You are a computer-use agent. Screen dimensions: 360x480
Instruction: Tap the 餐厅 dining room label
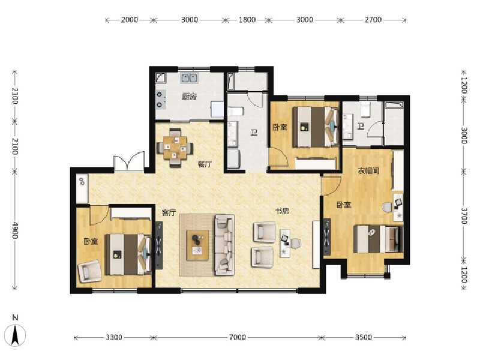[205, 164]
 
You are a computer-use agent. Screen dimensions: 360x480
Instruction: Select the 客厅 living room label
[169, 212]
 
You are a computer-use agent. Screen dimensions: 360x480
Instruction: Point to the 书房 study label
[283, 211]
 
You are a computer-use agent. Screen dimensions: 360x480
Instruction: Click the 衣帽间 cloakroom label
[368, 171]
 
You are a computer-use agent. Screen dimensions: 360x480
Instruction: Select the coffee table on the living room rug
[198, 244]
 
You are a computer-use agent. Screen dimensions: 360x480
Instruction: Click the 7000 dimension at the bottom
[238, 338]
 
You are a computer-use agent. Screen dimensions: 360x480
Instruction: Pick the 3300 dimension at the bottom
[114, 338]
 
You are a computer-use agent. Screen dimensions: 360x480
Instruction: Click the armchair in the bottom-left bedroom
[91, 270]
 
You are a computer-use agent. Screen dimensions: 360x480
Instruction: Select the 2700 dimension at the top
[373, 20]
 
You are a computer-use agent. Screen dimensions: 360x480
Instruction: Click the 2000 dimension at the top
[130, 20]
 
